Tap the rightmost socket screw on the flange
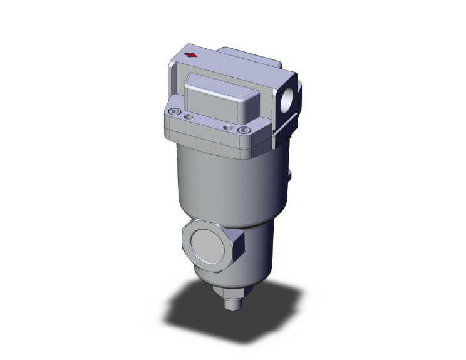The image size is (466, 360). tap(243, 130)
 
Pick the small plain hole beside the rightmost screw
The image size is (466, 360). tap(227, 127)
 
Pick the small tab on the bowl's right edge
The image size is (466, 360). tap(289, 174)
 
